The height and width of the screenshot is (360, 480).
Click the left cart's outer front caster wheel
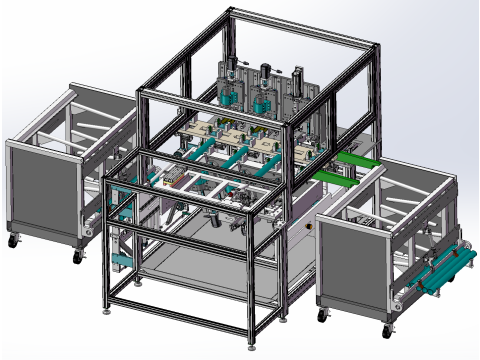(x=14, y=241)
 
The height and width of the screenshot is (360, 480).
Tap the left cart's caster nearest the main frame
(x=77, y=256)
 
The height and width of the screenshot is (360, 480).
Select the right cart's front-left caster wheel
(x=322, y=315)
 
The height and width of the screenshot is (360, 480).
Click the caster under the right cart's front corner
(x=388, y=331)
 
